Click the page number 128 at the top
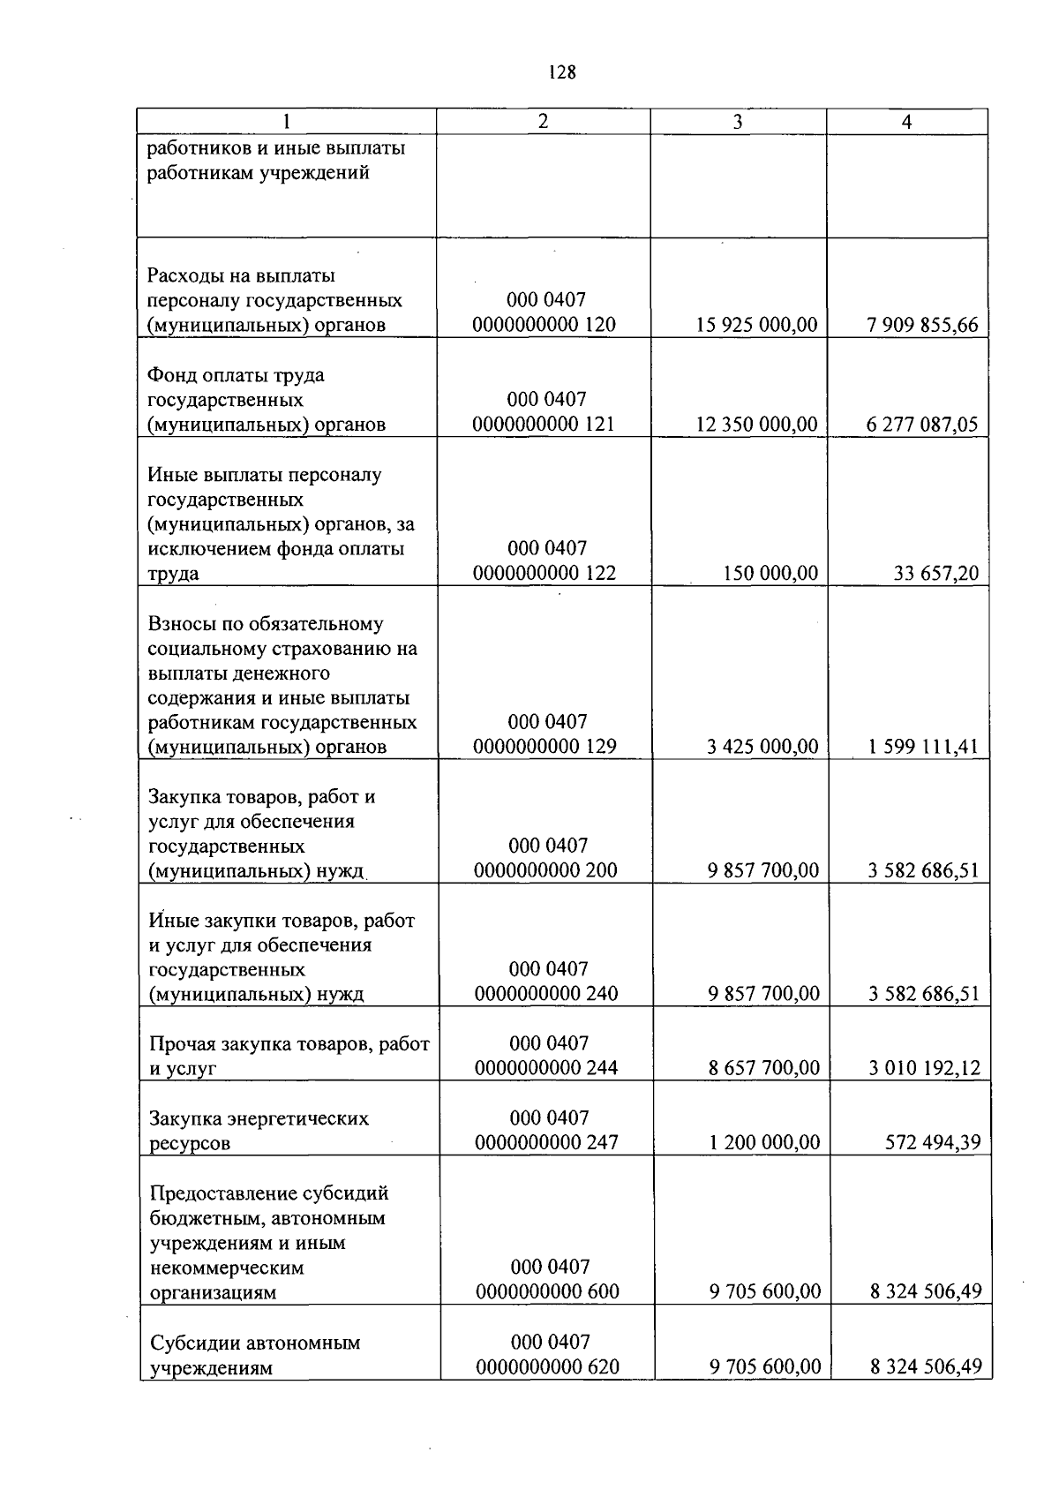pyautogui.click(x=561, y=73)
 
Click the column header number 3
pyautogui.click(x=738, y=123)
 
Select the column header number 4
pyautogui.click(x=906, y=123)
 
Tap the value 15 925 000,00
pyautogui.click(x=756, y=325)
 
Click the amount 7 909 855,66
pyautogui.click(x=922, y=325)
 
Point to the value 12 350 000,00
pyautogui.click(x=756, y=425)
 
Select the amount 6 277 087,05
pyautogui.click(x=922, y=425)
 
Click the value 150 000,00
pyautogui.click(x=770, y=574)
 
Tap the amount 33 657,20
pyautogui.click(x=936, y=574)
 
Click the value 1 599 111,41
pyautogui.click(x=923, y=747)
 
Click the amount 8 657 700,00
pyautogui.click(x=763, y=1068)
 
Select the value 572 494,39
pyautogui.click(x=933, y=1143)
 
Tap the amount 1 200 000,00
pyautogui.click(x=763, y=1143)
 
